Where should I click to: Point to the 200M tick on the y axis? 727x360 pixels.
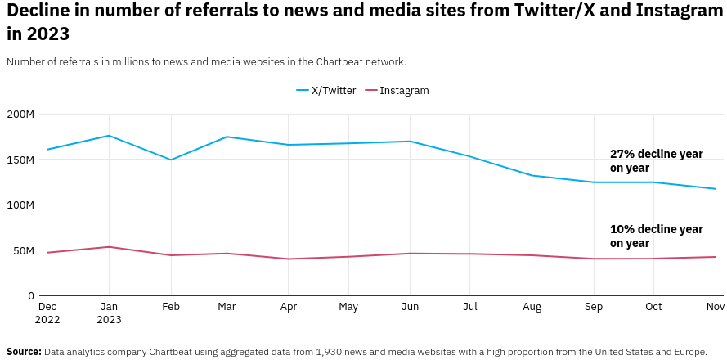[20, 115]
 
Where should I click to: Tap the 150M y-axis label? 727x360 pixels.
[20, 160]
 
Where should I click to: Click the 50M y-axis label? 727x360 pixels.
[24, 251]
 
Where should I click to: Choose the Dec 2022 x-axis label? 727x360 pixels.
[47, 313]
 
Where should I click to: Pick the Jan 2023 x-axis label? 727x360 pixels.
[109, 313]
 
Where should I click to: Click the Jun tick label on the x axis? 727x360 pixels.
[411, 308]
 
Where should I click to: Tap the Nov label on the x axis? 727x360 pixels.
[715, 308]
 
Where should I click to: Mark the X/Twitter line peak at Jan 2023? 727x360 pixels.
[109, 136]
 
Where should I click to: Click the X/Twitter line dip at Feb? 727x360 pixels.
[171, 160]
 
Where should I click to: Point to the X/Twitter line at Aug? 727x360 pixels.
[532, 175]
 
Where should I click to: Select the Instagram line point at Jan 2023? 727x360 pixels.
[109, 247]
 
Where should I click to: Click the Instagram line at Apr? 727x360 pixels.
[288, 259]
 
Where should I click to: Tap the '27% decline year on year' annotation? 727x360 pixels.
[656, 161]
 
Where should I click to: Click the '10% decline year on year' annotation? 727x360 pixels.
[656, 236]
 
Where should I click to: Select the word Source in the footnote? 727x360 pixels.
[24, 352]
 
